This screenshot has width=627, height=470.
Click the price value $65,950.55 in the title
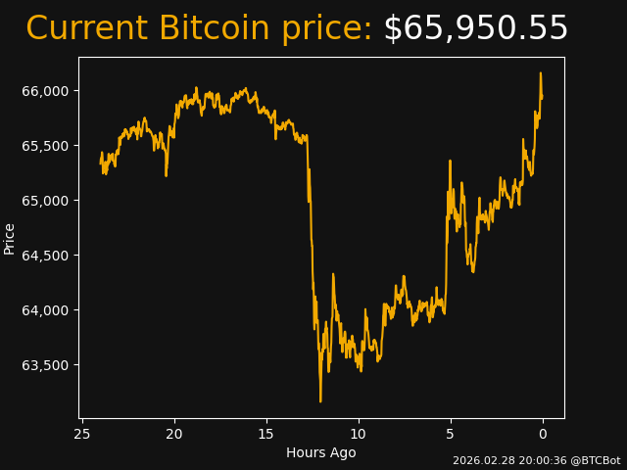pos(475,29)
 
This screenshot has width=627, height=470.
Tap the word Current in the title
pos(86,29)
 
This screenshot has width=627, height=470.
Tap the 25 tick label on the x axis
pos(82,434)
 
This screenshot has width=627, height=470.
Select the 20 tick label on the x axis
pos(174,434)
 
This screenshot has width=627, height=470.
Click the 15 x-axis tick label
pos(266,434)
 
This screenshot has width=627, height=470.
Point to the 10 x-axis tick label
pos(359,434)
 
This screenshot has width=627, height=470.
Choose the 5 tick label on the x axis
pos(451,434)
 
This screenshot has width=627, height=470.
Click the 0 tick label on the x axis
pos(543,434)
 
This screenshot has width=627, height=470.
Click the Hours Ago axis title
pos(321,452)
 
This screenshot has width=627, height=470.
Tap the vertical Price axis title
pos(10,238)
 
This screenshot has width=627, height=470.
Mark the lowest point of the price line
pos(320,400)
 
